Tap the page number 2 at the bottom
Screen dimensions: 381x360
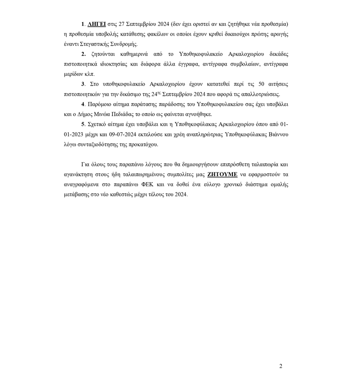[281, 366]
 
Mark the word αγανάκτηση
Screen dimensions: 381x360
[79, 174]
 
